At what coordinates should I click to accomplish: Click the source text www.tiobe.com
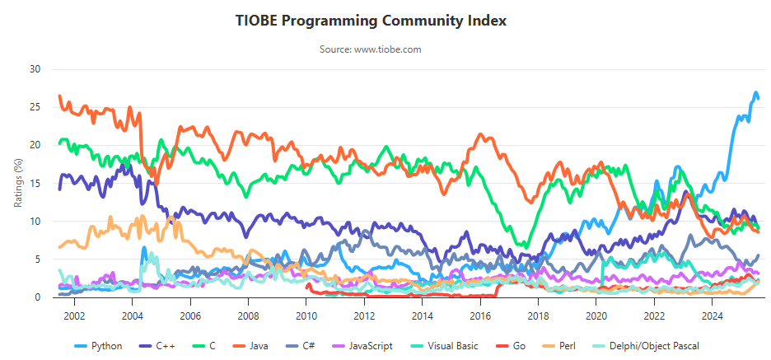click(371, 49)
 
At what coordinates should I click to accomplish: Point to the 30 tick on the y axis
click(35, 69)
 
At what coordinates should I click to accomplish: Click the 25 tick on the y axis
click(35, 107)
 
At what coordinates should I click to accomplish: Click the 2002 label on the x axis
click(74, 315)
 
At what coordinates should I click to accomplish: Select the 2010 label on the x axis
click(306, 315)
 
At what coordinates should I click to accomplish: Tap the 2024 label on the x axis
click(713, 315)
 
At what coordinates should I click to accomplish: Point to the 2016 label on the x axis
click(480, 315)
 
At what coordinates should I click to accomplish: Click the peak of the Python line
click(755, 93)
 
